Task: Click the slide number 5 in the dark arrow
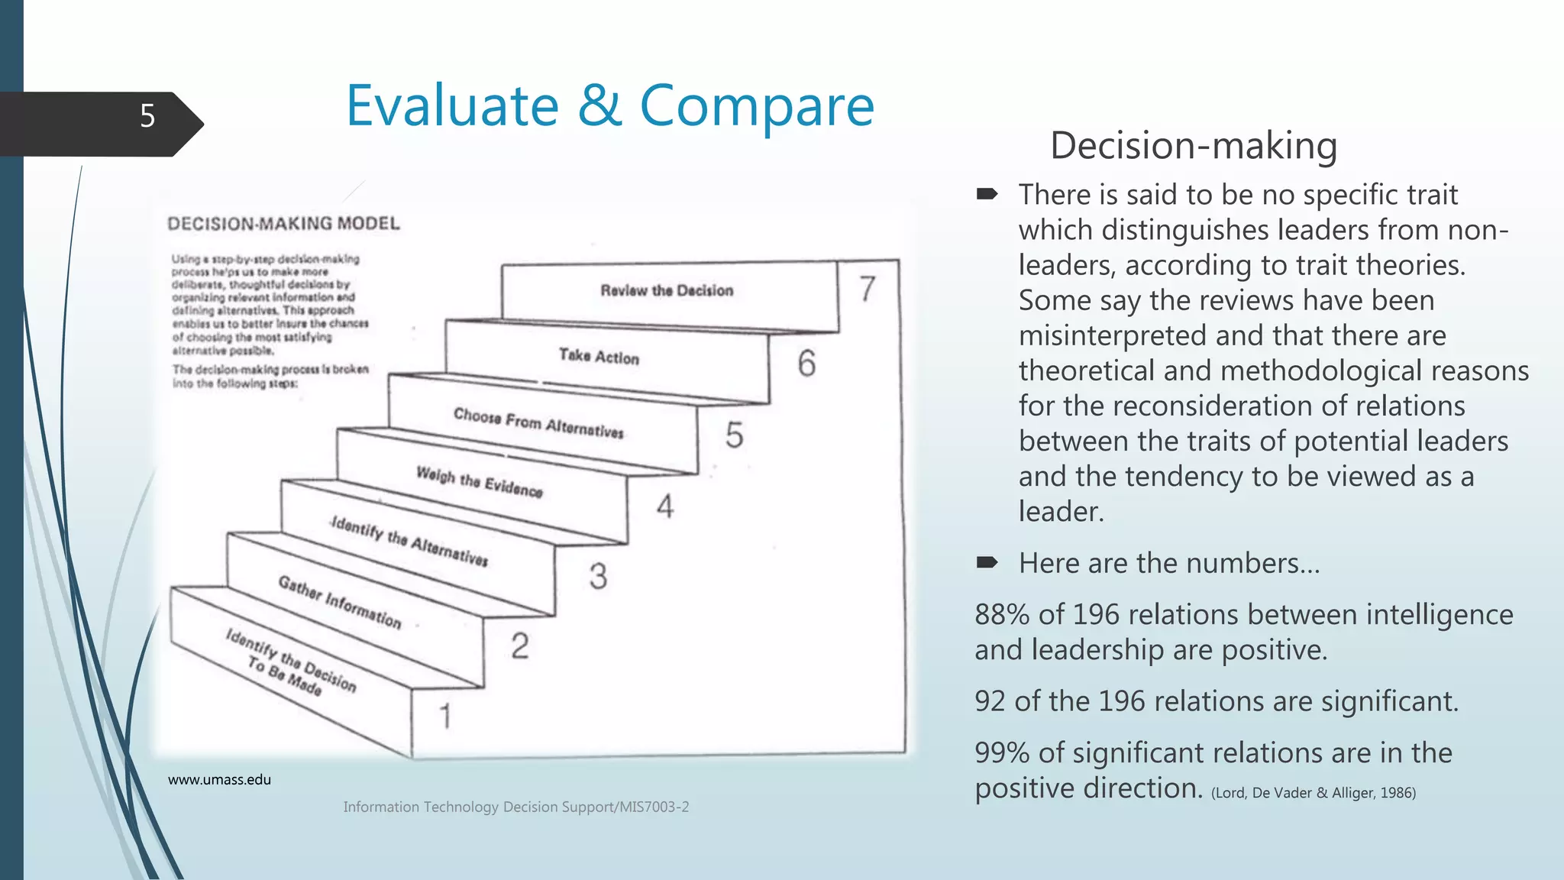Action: point(147,116)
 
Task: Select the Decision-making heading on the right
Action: point(1193,145)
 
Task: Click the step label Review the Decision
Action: point(667,290)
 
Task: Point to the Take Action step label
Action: point(599,356)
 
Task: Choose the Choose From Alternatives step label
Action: point(538,422)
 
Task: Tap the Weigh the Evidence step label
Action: point(479,481)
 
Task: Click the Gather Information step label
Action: point(339,602)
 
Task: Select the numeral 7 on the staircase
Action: point(867,289)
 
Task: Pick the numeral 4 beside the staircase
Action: point(665,506)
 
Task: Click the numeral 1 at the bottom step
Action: point(445,716)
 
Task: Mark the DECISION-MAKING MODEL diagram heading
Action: point(283,224)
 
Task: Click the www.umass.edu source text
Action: point(219,780)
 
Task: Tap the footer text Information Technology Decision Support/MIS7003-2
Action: point(515,807)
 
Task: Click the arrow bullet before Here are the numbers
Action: point(987,563)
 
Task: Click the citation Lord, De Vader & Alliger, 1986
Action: point(1313,793)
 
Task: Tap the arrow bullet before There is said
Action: point(987,194)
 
